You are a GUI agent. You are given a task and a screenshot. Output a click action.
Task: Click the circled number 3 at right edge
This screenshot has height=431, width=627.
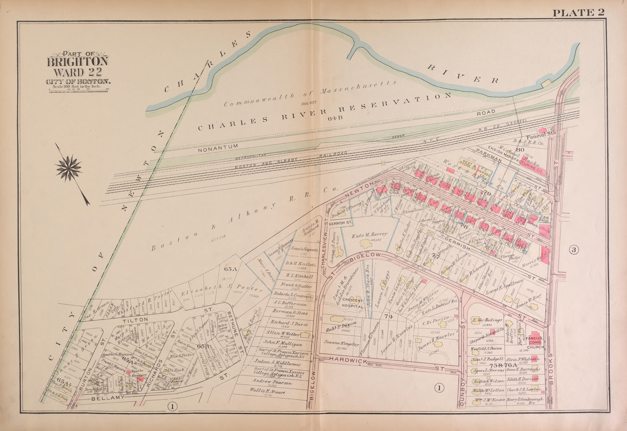click(x=574, y=250)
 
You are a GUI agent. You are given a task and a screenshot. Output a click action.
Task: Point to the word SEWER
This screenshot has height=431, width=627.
click(x=398, y=137)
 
